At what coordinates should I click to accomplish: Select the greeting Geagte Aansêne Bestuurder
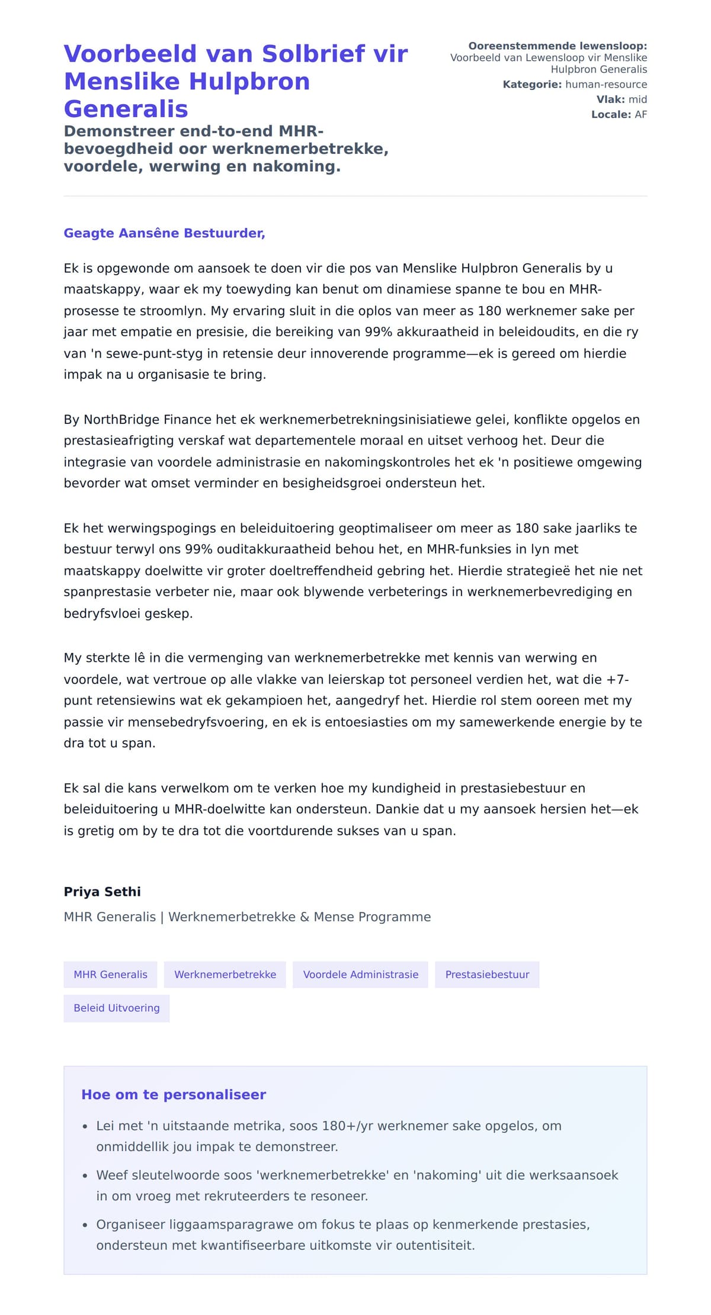[x=164, y=233]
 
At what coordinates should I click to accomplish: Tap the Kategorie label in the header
[x=532, y=85]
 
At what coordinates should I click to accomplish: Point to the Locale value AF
[x=640, y=115]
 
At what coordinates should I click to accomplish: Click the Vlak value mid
[x=638, y=99]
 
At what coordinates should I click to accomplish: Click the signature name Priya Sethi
[x=102, y=892]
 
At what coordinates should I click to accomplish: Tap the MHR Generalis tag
[x=110, y=975]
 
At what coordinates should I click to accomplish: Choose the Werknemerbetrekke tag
[x=225, y=975]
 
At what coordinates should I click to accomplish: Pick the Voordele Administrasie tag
[x=360, y=975]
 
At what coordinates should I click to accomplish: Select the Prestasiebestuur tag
[x=487, y=975]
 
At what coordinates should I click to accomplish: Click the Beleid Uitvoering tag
[x=117, y=1008]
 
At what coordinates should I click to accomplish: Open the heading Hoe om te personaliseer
[x=174, y=1095]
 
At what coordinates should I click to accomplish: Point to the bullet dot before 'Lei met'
[x=85, y=1127]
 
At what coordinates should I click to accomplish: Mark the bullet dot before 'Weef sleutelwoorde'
[x=85, y=1176]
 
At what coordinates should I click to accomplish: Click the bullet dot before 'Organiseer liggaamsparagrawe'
[x=85, y=1225]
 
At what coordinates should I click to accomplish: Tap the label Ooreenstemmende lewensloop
[x=558, y=46]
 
